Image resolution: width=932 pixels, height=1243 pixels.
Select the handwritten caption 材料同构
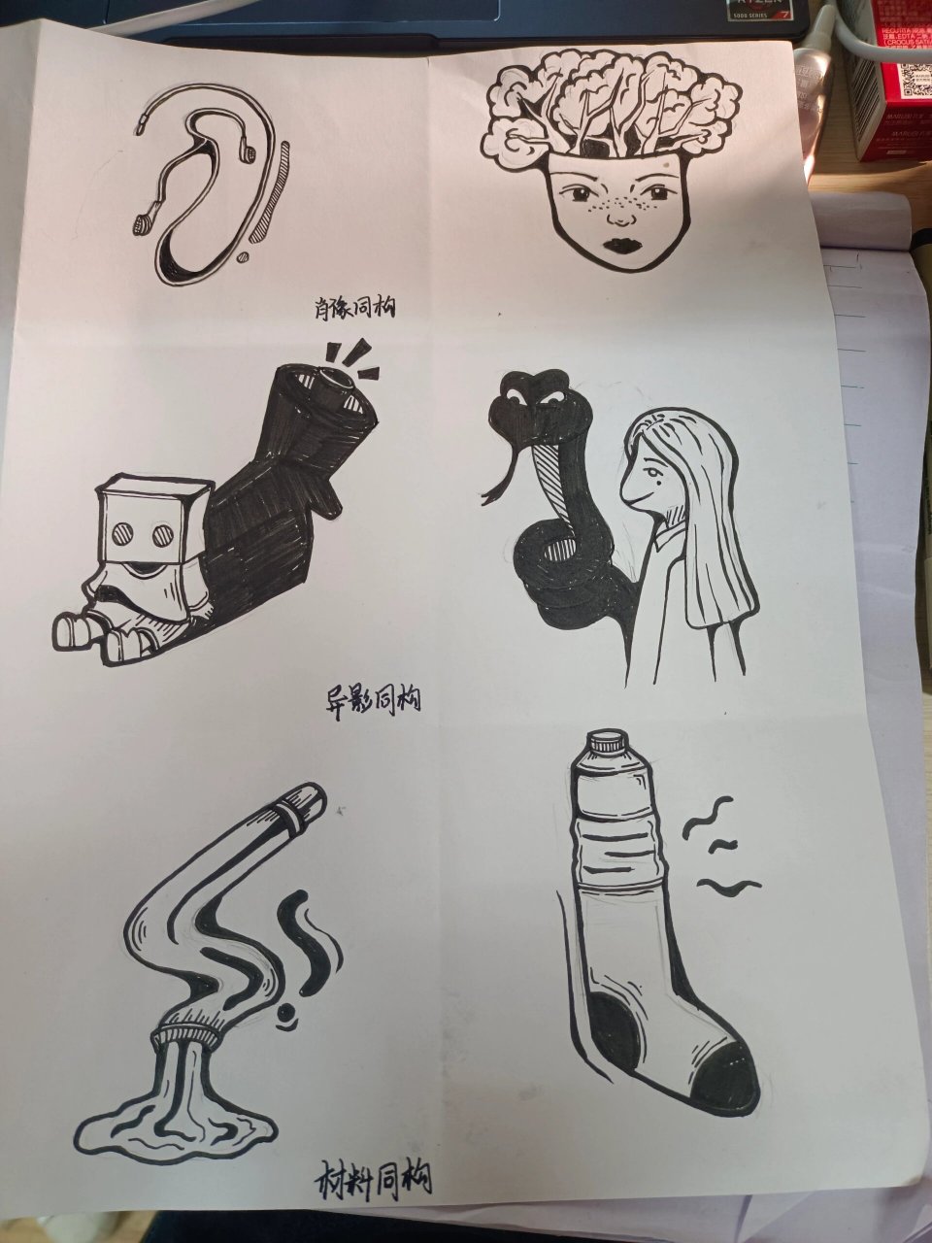pyautogui.click(x=374, y=1178)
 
